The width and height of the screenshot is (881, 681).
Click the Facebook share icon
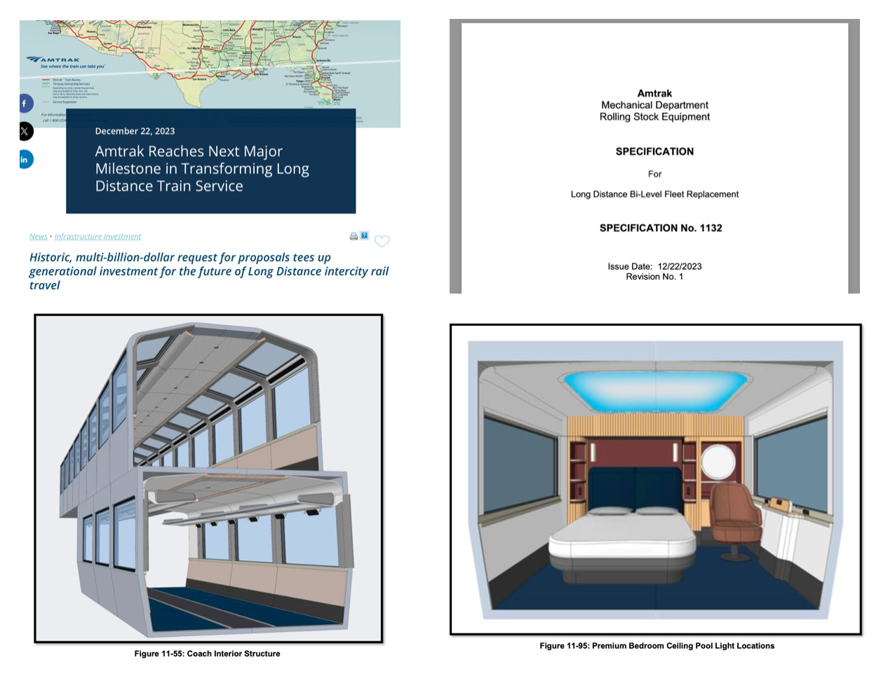coord(25,104)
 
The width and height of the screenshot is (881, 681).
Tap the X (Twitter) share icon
coord(25,131)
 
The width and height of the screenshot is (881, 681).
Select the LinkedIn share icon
coord(25,160)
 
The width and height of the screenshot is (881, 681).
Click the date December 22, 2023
coord(135,131)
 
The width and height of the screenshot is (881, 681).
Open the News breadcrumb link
coord(38,237)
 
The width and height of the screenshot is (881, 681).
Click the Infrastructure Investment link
coord(97,237)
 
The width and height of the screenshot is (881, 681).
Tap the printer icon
coord(354,237)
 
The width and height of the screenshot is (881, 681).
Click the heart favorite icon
coord(382,241)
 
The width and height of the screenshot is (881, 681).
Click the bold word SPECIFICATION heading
coord(654,151)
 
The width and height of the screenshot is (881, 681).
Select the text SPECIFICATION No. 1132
coord(660,228)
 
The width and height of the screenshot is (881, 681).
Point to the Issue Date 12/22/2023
coord(654,266)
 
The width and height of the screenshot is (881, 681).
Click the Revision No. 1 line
coord(654,277)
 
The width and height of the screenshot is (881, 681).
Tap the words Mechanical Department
coord(654,105)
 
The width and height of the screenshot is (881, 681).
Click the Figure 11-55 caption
coord(207,654)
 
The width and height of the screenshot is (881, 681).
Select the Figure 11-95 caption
coord(657,646)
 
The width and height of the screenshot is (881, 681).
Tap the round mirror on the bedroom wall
coord(718,462)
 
